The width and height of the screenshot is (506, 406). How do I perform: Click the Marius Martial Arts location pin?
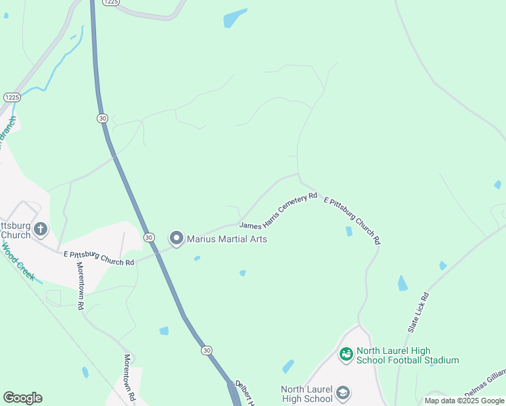177,238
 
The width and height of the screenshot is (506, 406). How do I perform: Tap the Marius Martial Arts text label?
227,239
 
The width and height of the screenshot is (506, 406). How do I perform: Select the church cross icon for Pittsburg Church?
40,229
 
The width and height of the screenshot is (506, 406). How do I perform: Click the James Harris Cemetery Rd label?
278,210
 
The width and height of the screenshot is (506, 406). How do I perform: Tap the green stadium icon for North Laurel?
346,354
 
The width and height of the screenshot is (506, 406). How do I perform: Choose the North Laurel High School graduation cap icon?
343,393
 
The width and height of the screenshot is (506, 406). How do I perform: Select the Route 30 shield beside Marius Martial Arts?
149,238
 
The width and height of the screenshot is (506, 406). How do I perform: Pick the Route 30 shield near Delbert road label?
206,350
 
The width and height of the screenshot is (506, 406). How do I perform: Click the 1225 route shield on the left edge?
11,97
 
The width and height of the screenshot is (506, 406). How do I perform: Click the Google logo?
22,398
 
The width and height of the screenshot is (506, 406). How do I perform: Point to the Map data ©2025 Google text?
464,401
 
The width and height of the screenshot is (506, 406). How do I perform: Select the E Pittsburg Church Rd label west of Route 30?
99,258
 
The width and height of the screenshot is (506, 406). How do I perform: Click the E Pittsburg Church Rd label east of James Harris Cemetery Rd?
352,220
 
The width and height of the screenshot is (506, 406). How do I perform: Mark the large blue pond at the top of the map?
235,18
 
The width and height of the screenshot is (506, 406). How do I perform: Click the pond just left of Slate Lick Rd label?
403,283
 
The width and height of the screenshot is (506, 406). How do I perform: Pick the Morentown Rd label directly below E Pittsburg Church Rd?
80,285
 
